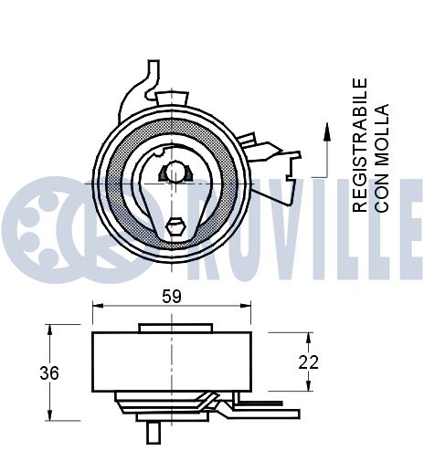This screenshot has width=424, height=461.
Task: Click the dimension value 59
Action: tap(171, 296)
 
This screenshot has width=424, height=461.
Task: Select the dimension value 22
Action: tap(309, 361)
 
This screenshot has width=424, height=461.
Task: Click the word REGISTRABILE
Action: tap(360, 145)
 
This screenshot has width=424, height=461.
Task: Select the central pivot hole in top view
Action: tap(174, 172)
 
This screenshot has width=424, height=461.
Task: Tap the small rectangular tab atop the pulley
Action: tap(172, 95)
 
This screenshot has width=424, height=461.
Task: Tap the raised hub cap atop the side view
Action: tap(175, 328)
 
